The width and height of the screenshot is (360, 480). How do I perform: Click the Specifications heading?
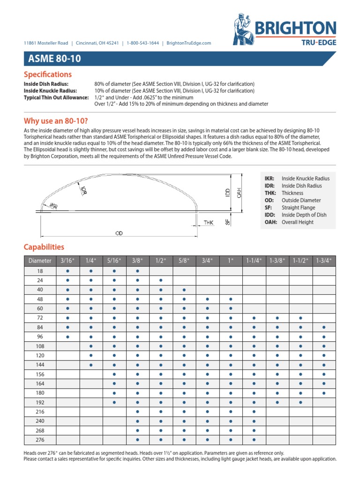coord(48,75)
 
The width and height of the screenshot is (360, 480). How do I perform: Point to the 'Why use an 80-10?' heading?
coord(56,121)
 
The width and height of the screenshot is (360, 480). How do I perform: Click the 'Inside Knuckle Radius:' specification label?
coord(52,90)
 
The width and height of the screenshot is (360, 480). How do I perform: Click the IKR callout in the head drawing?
coord(52,206)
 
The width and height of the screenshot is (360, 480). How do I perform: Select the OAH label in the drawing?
coord(239,192)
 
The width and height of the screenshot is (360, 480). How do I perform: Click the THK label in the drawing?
coord(209,223)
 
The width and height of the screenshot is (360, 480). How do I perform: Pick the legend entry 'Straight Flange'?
coord(298,207)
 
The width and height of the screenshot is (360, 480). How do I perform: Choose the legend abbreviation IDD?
coord(270,215)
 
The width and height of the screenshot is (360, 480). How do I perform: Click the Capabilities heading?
coord(44,247)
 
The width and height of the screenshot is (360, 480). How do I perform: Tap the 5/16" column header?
coord(114,261)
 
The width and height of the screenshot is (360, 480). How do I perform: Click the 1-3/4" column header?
coord(324,261)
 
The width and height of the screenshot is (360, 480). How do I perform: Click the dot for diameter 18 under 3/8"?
coord(137,271)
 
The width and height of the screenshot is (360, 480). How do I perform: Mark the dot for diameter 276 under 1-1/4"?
coord(254,440)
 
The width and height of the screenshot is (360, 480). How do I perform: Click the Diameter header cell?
coord(39,261)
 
